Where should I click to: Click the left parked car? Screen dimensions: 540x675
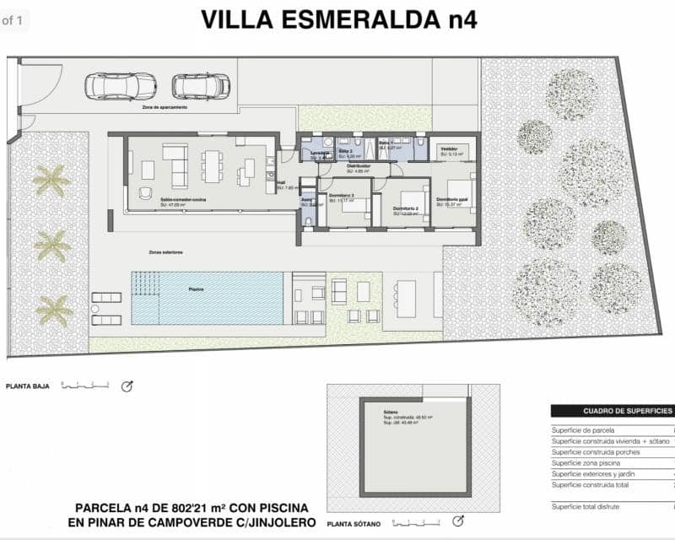[x=121, y=85]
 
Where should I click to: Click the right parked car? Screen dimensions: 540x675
[x=201, y=85]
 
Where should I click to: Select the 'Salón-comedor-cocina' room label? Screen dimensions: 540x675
[x=185, y=200]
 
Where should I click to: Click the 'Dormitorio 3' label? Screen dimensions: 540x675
[x=341, y=196]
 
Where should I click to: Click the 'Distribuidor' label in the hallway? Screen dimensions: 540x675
[x=359, y=166]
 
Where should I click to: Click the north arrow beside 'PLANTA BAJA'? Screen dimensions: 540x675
[x=127, y=386]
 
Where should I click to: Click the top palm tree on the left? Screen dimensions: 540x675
[x=49, y=180]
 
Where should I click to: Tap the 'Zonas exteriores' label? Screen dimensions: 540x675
[x=165, y=252]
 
